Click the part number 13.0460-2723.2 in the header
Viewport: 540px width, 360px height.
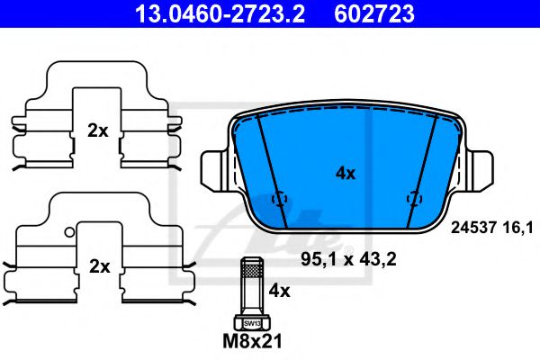tap(220, 13)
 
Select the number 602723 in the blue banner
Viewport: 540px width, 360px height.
tap(374, 13)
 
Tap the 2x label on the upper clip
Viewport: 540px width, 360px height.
tap(98, 130)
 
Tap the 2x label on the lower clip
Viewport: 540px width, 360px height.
tap(100, 266)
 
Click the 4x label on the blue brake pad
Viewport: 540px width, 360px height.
tap(346, 174)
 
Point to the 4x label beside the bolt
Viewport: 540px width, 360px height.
tap(279, 291)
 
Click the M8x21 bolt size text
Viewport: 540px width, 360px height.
tap(252, 341)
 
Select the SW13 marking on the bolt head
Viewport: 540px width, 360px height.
tap(252, 324)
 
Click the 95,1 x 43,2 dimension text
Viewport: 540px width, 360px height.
tap(348, 259)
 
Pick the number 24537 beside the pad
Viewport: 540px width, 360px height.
tap(473, 228)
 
